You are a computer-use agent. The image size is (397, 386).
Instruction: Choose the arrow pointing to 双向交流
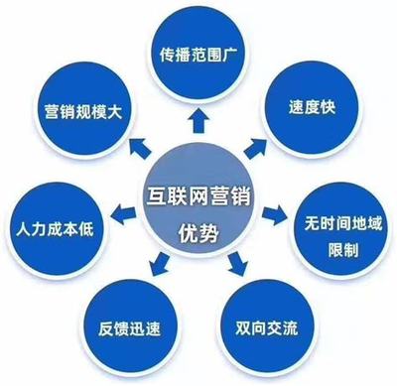click(x=236, y=264)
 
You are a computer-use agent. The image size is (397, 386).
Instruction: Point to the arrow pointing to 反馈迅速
click(x=158, y=265)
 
